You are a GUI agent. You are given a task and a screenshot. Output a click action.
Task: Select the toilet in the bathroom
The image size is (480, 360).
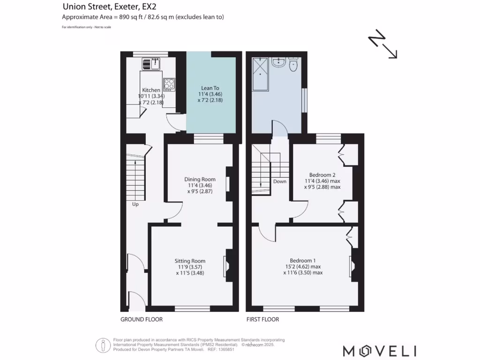(x=293, y=65)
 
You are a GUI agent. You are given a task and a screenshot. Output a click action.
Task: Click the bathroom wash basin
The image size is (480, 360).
(x=278, y=62)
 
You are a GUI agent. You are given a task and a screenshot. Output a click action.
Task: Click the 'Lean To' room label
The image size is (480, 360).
(x=210, y=88)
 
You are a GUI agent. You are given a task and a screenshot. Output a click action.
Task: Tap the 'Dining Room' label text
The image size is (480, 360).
(x=200, y=179)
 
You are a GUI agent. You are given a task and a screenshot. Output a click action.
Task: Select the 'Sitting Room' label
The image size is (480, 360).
(x=190, y=261)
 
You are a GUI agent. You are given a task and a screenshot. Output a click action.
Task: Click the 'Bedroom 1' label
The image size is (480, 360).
(x=302, y=261)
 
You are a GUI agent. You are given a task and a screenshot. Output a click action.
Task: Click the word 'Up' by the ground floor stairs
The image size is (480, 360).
(x=135, y=205)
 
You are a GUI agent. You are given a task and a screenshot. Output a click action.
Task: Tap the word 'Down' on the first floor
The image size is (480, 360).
(x=280, y=181)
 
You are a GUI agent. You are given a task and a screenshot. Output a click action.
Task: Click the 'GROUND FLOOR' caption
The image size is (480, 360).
(x=142, y=319)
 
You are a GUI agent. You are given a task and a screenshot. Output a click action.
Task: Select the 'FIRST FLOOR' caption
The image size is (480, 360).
(x=262, y=319)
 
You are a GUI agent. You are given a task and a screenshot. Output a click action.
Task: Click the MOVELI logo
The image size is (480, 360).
(x=379, y=351)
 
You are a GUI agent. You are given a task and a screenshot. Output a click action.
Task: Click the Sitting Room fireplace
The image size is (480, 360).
(x=227, y=266)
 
